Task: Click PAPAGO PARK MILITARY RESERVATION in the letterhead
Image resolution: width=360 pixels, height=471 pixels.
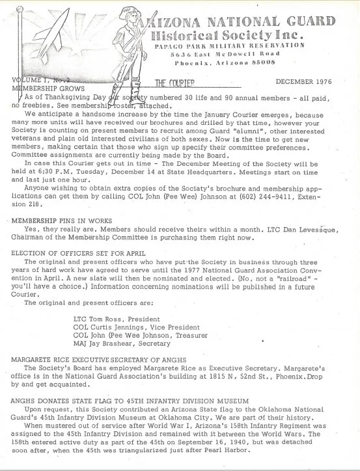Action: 229,46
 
